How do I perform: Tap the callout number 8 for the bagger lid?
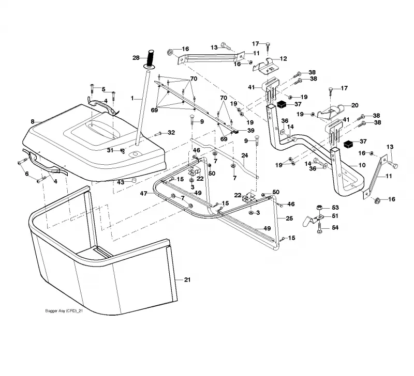click(x=33, y=121)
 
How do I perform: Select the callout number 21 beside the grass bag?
click(x=187, y=279)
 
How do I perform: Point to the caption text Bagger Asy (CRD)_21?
click(x=64, y=311)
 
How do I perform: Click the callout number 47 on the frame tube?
click(x=143, y=194)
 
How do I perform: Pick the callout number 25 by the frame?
click(x=289, y=218)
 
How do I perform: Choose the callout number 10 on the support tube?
click(x=362, y=165)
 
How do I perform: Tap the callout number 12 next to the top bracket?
click(x=283, y=58)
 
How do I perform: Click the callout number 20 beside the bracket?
click(x=355, y=105)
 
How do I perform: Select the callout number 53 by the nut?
click(x=335, y=207)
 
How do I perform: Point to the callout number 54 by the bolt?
click(x=335, y=227)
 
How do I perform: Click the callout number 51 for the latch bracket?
click(x=335, y=216)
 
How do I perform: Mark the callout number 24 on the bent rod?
click(x=245, y=155)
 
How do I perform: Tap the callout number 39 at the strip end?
click(x=251, y=131)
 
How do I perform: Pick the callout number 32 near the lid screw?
click(x=171, y=133)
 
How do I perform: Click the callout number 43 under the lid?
click(x=121, y=182)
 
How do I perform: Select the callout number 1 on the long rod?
click(x=132, y=98)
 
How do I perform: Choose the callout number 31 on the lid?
click(x=110, y=150)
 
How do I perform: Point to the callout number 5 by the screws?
click(x=103, y=89)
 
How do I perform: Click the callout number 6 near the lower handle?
click(x=27, y=174)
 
